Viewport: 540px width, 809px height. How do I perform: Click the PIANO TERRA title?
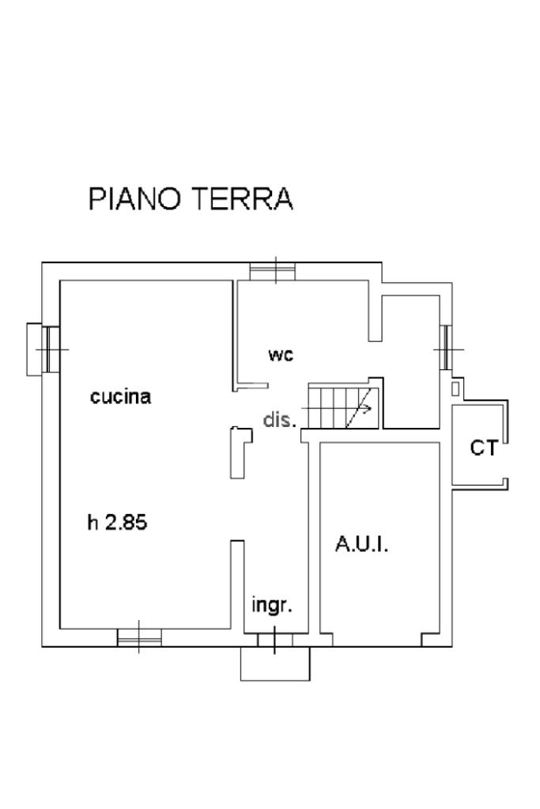191,198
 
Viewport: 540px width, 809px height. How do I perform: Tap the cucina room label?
121,397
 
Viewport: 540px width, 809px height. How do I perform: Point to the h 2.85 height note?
118,523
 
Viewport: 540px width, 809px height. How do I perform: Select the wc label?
281,355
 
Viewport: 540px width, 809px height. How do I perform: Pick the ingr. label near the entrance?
272,605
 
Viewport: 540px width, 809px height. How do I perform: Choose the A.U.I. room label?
361,544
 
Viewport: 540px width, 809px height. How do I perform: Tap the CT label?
484,448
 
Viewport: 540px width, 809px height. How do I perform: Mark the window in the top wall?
272,271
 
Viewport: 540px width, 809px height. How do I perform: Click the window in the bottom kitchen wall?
139,637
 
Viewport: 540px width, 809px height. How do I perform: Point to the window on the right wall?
446,349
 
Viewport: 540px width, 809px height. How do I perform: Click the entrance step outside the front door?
275,663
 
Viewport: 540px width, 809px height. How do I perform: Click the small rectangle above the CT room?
455,388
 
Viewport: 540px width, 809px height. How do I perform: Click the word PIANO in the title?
134,198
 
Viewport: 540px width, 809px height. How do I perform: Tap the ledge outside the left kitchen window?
34,350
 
